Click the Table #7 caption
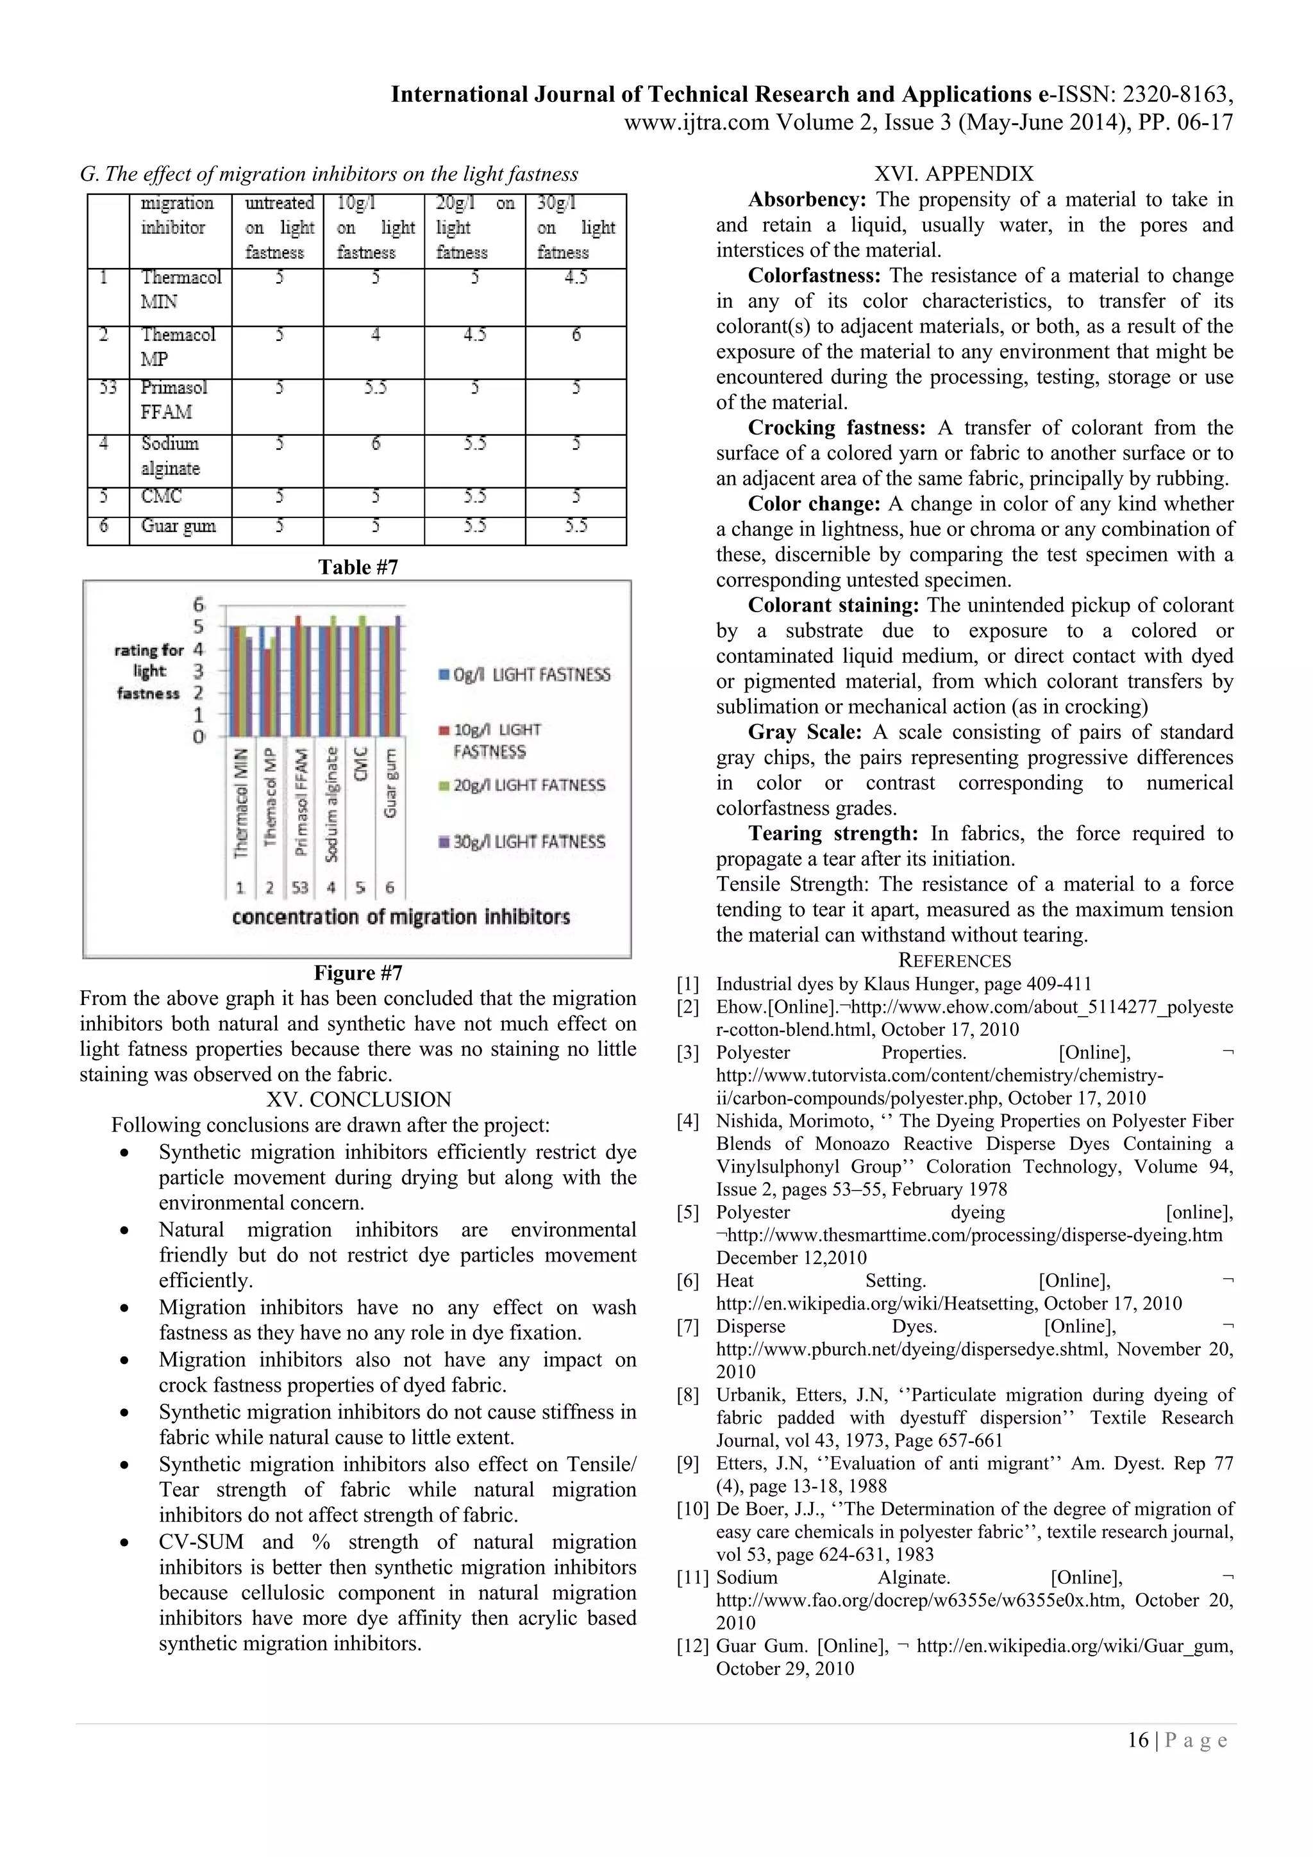pyautogui.click(x=358, y=567)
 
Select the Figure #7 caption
pyautogui.click(x=358, y=973)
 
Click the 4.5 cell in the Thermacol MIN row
pyautogui.click(x=575, y=278)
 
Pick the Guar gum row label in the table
pyautogui.click(x=178, y=526)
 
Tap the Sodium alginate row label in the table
pyautogui.click(x=170, y=455)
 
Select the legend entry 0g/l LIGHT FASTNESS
pyautogui.click(x=524, y=674)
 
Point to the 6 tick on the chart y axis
pyautogui.click(x=198, y=605)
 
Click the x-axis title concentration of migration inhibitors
pyautogui.click(x=401, y=917)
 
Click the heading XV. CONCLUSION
pyautogui.click(x=358, y=1100)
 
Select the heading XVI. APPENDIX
pyautogui.click(x=954, y=174)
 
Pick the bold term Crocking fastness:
pyautogui.click(x=836, y=428)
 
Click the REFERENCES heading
pyautogui.click(x=955, y=961)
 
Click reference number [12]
pyautogui.click(x=692, y=1646)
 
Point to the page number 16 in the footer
pyautogui.click(x=1137, y=1740)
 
